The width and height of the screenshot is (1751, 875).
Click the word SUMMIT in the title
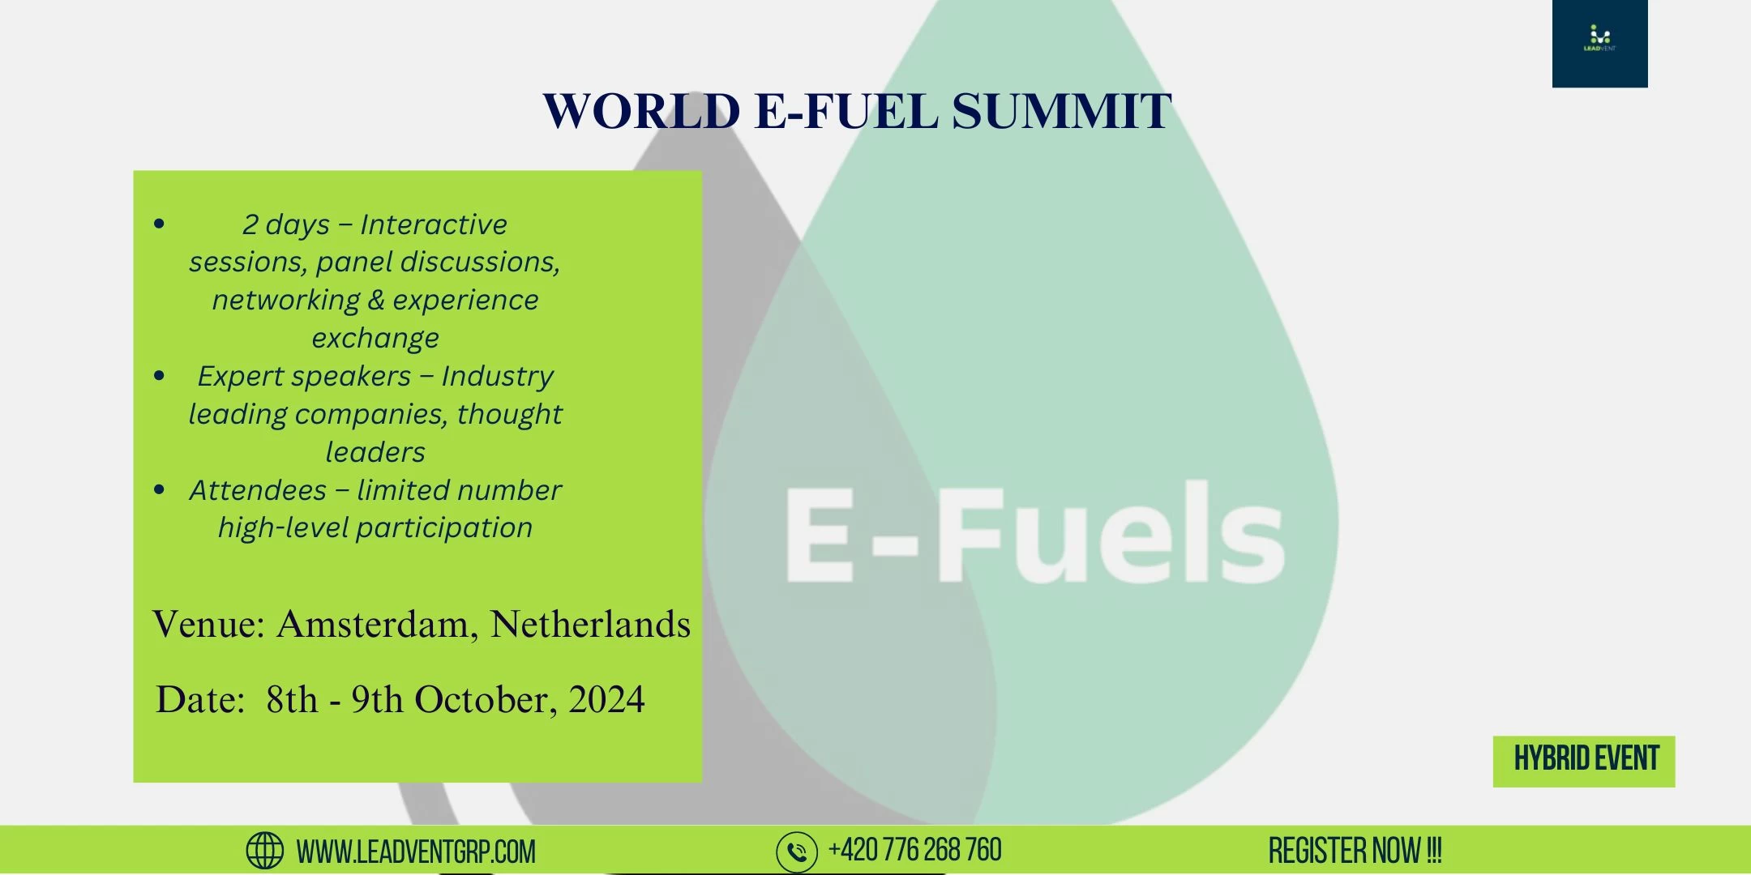coord(1062,111)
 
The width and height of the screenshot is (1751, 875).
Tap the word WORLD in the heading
coord(641,111)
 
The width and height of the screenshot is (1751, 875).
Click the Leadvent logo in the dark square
coord(1599,38)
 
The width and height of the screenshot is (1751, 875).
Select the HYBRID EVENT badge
coord(1584,761)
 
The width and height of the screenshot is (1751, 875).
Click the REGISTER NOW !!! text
coord(1355,851)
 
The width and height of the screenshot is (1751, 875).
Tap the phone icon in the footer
coord(797,852)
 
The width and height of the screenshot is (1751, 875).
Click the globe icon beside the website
coord(264,851)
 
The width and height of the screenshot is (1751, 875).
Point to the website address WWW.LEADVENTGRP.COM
coord(416,852)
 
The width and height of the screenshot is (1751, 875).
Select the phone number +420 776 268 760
coord(915,850)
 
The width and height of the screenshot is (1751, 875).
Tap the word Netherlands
coord(590,625)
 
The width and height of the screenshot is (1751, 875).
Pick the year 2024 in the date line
coord(606,699)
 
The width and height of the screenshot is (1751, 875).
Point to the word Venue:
coord(209,625)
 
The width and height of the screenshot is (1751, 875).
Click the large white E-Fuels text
coord(1035,532)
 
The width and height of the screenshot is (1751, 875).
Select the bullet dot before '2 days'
coord(159,224)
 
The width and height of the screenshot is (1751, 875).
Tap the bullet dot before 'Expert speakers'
coord(159,375)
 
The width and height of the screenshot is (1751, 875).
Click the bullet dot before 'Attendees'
coord(159,489)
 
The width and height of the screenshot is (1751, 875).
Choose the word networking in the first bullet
coord(286,301)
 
